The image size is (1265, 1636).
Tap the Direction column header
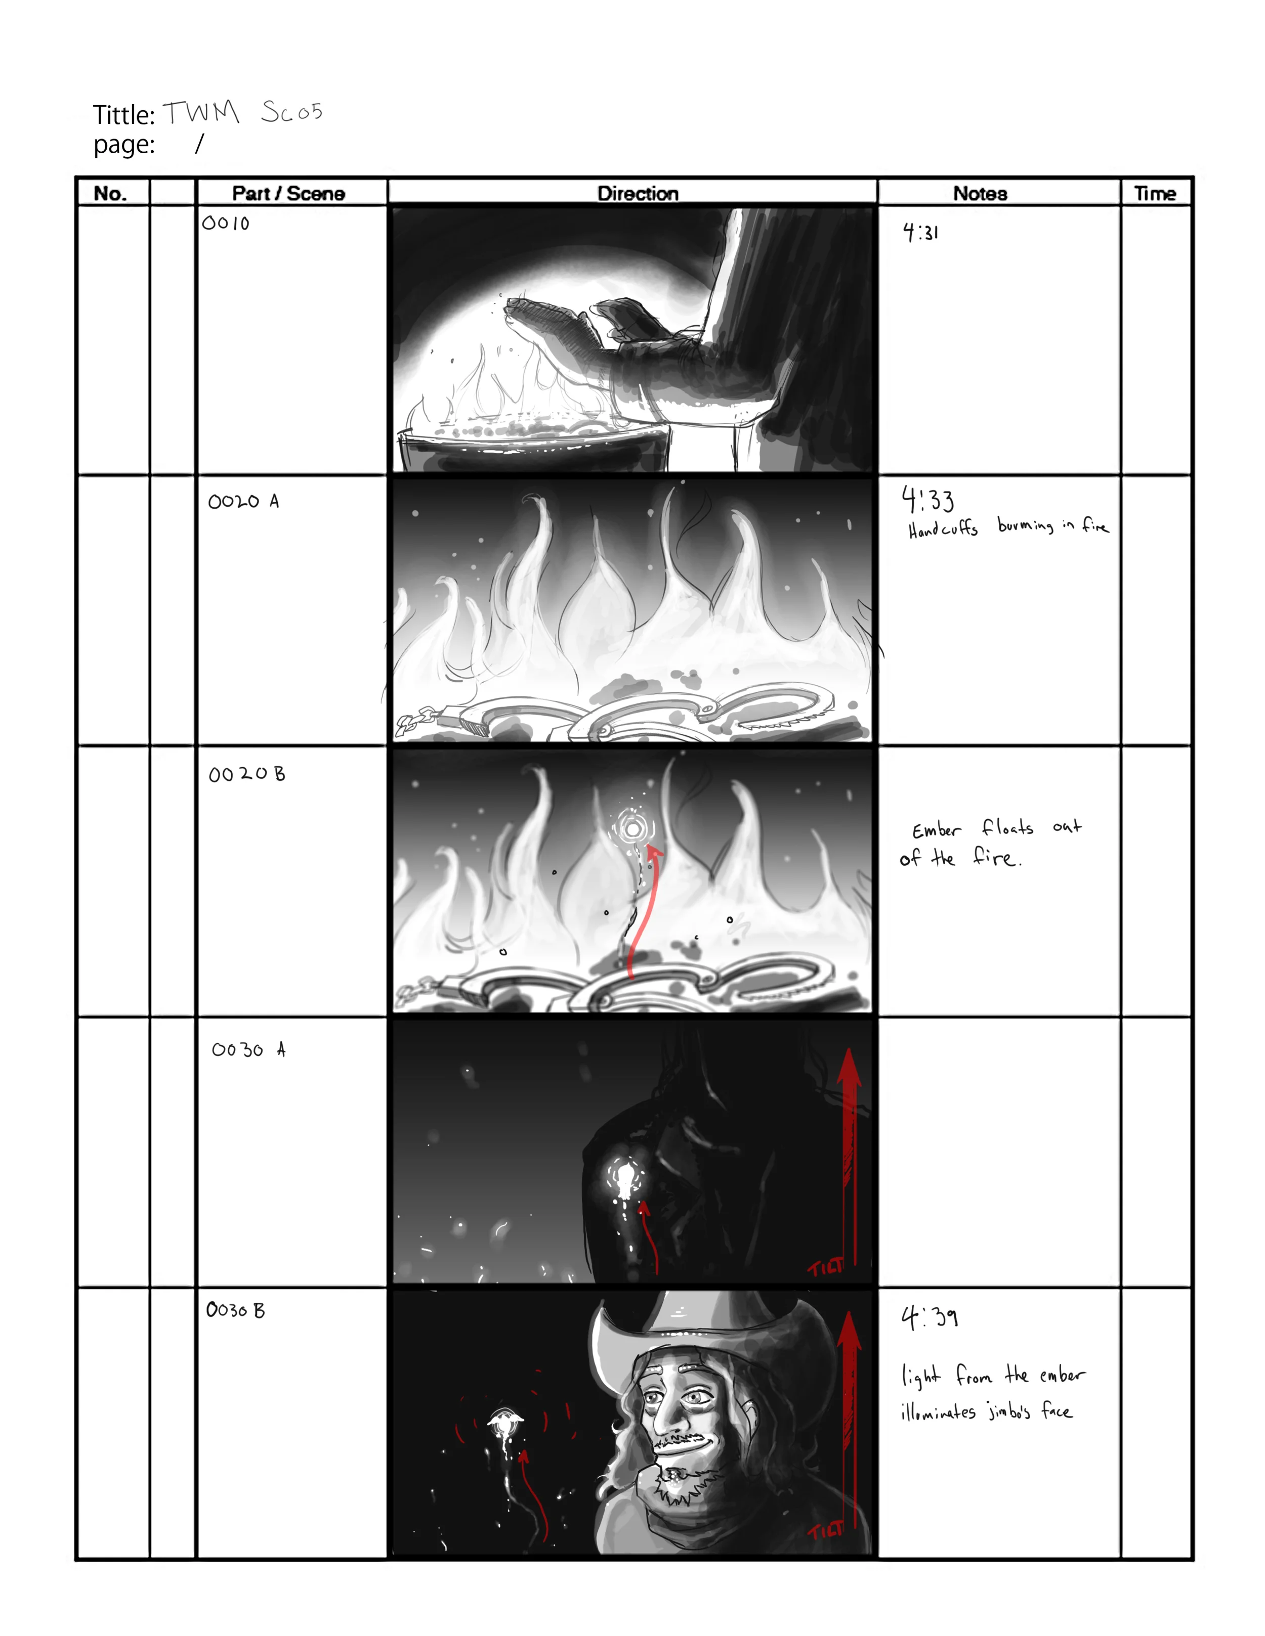637,193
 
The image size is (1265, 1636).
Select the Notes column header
980,193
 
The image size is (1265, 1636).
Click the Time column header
1154,193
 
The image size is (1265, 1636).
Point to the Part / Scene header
288,193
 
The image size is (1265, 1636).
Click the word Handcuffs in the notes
943,529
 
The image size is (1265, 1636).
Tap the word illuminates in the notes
938,1412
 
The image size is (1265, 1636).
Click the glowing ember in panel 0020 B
633,828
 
